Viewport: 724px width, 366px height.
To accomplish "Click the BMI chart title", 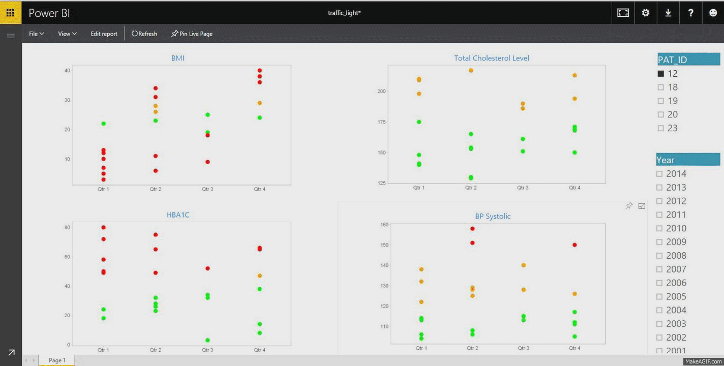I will pyautogui.click(x=178, y=58).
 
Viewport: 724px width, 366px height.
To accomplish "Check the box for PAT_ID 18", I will pyautogui.click(x=661, y=87).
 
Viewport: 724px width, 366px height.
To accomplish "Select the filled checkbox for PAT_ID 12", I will pyautogui.click(x=661, y=74).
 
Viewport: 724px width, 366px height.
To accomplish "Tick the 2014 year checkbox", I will pyautogui.click(x=660, y=174).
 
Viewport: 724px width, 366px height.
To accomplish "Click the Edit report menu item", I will pyautogui.click(x=104, y=34).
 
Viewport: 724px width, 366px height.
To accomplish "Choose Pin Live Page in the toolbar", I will pyautogui.click(x=192, y=34).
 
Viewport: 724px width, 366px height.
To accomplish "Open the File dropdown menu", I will pyautogui.click(x=36, y=34).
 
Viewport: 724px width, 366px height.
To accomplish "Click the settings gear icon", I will pyautogui.click(x=646, y=13).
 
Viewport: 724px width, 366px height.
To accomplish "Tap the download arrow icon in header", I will pyautogui.click(x=668, y=13).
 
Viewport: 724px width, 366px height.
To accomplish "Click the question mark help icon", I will pyautogui.click(x=690, y=13).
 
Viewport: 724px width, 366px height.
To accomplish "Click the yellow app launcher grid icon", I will pyautogui.click(x=10, y=13).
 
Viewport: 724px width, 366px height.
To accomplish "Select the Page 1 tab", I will pyautogui.click(x=57, y=360).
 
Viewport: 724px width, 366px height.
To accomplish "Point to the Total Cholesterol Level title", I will pyautogui.click(x=492, y=58).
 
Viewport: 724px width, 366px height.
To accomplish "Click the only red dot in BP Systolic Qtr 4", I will pyautogui.click(x=575, y=245).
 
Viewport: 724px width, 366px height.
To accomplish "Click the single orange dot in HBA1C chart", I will pyautogui.click(x=260, y=276).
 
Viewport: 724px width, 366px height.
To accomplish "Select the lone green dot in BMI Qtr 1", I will pyautogui.click(x=104, y=124).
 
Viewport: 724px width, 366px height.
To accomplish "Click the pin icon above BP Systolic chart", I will pyautogui.click(x=629, y=206).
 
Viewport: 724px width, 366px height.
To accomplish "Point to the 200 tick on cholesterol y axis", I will pyautogui.click(x=381, y=91).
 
